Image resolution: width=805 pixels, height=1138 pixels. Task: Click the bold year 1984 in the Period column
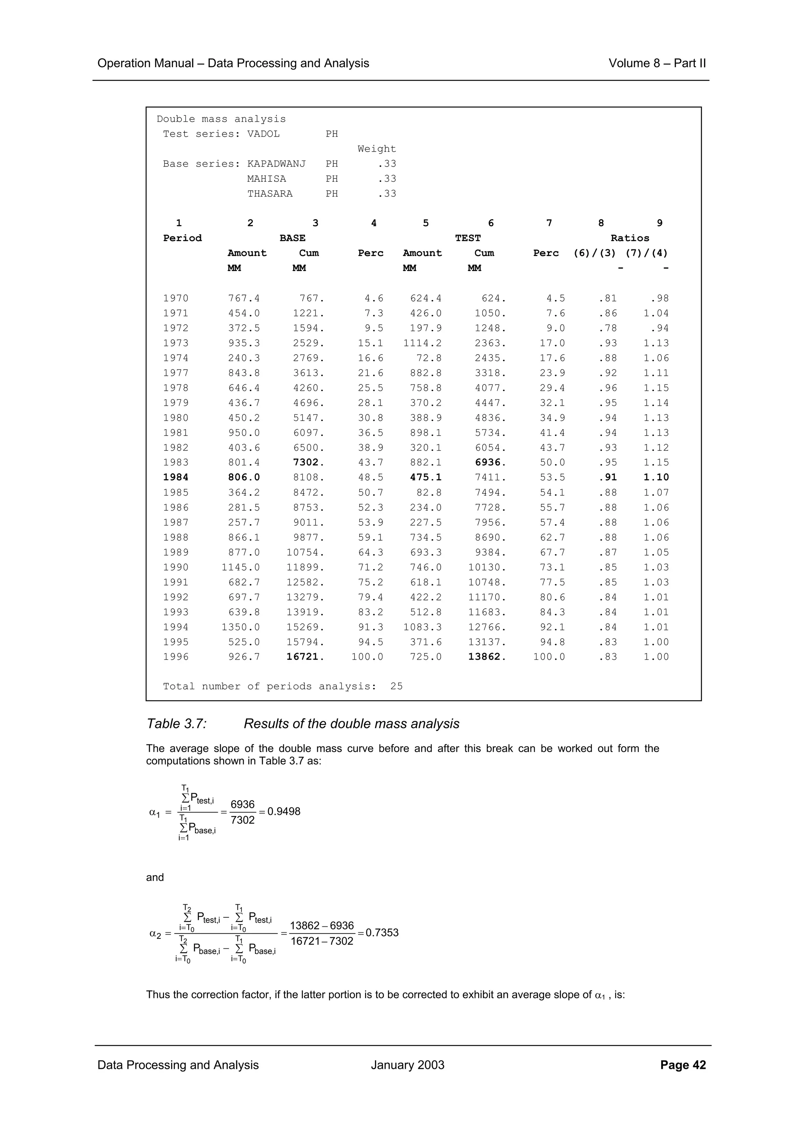click(176, 477)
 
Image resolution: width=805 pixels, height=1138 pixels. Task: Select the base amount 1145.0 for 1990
click(241, 567)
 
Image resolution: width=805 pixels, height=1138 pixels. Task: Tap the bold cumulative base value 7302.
click(309, 463)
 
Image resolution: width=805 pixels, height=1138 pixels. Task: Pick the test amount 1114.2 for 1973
click(422, 343)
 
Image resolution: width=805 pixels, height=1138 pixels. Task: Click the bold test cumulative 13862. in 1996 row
click(487, 657)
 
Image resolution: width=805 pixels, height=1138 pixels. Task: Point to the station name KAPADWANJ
click(276, 164)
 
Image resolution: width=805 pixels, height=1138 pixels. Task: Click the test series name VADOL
click(263, 134)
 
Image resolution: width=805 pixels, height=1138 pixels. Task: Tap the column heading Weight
click(377, 149)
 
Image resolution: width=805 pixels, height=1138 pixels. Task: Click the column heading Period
click(182, 238)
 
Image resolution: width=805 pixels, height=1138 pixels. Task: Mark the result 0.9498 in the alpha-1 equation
click(284, 811)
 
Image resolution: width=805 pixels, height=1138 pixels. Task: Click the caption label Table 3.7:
click(176, 724)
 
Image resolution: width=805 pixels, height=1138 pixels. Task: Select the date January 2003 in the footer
click(407, 1065)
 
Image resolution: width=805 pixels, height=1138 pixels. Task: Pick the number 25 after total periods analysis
click(396, 686)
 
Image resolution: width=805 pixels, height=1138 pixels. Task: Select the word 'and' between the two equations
click(155, 877)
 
